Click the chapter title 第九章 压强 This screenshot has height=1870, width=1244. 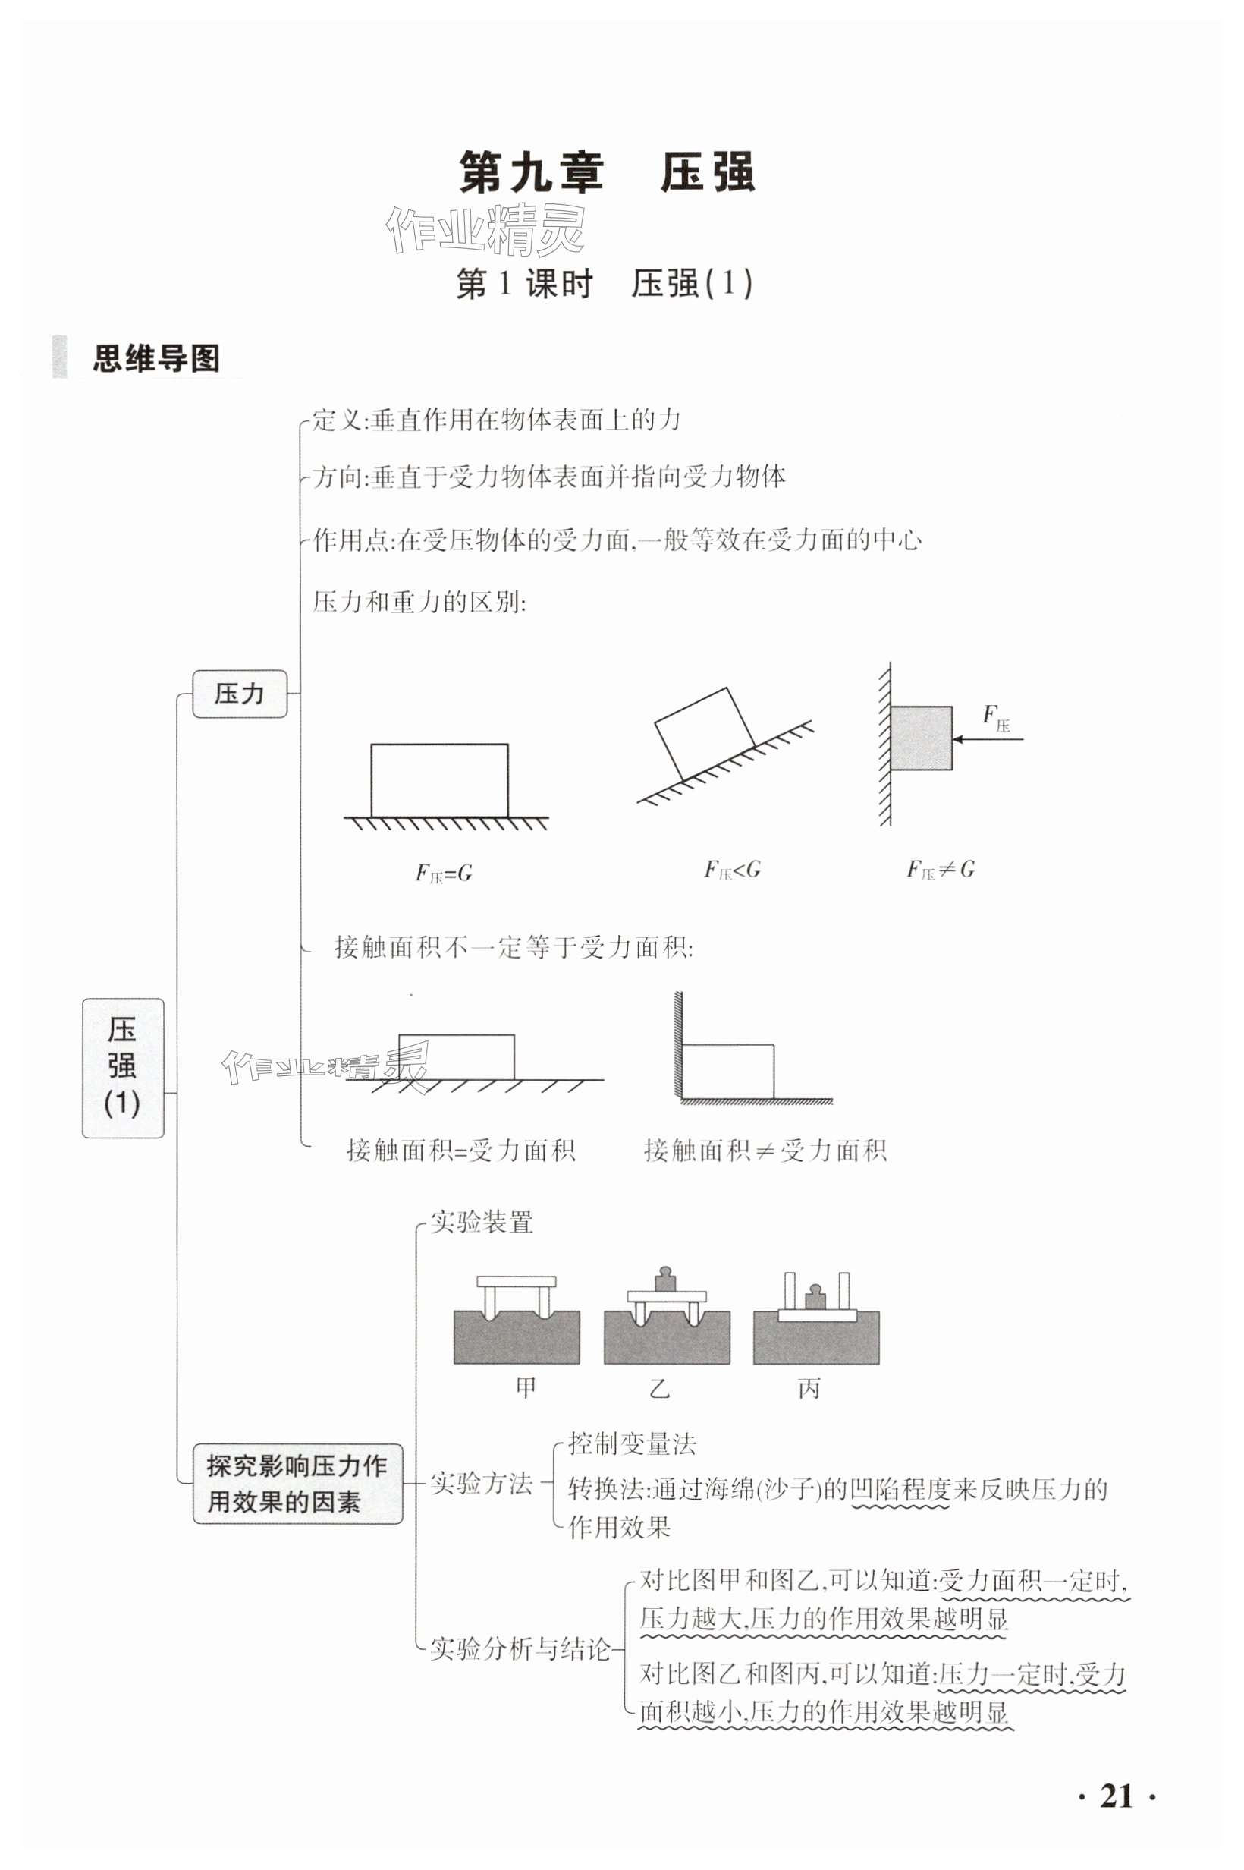pos(607,173)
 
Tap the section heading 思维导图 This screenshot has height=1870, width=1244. pos(155,359)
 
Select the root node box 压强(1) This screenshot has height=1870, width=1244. pos(123,1068)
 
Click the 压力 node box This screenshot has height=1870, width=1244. pos(240,694)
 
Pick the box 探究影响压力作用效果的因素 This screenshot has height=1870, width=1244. pos(297,1484)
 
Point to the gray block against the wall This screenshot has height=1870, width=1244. pos(920,738)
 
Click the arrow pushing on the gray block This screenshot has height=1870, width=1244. pos(988,739)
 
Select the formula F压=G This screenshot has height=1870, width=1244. pos(444,873)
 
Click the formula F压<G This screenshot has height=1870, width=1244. pos(731,870)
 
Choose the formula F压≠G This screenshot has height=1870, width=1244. pos(940,870)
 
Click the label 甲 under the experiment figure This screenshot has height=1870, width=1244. pos(526,1387)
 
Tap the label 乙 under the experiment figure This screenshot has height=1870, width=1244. pos(659,1387)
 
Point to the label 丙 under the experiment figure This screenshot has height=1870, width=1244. pos(809,1387)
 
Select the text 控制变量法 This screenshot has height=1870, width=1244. pos(632,1443)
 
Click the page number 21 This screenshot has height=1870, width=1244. pos(1117,1796)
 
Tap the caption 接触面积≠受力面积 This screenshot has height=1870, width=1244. pos(765,1150)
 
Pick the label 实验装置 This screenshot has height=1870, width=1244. pos(482,1222)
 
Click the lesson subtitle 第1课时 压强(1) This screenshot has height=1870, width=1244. pos(605,283)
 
